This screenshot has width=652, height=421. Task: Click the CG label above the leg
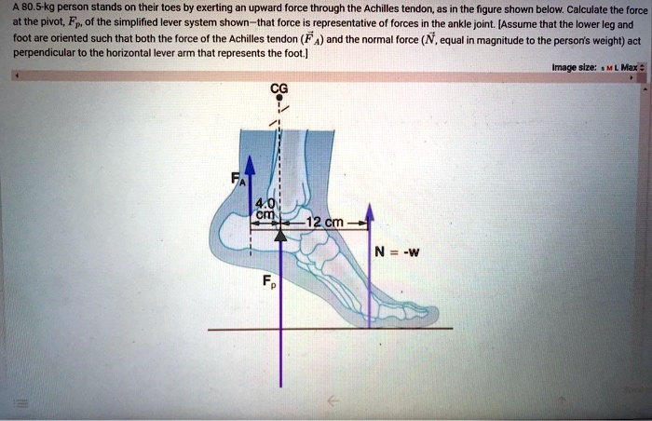tap(279, 88)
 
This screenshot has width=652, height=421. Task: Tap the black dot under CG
tap(279, 98)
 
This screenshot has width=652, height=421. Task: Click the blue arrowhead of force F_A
tap(250, 165)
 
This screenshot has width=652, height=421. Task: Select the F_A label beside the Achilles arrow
tap(238, 179)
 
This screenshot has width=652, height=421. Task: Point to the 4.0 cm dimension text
tap(265, 210)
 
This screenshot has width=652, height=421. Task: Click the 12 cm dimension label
tap(325, 223)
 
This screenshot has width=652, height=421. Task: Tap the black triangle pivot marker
tap(281, 235)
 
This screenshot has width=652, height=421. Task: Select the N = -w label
tap(397, 251)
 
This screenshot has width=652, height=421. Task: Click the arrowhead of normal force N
tap(370, 212)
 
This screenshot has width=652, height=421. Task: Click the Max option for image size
tap(629, 67)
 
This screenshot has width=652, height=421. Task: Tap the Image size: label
tap(575, 67)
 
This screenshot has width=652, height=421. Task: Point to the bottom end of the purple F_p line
tap(281, 387)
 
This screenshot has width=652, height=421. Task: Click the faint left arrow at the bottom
tap(333, 401)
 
